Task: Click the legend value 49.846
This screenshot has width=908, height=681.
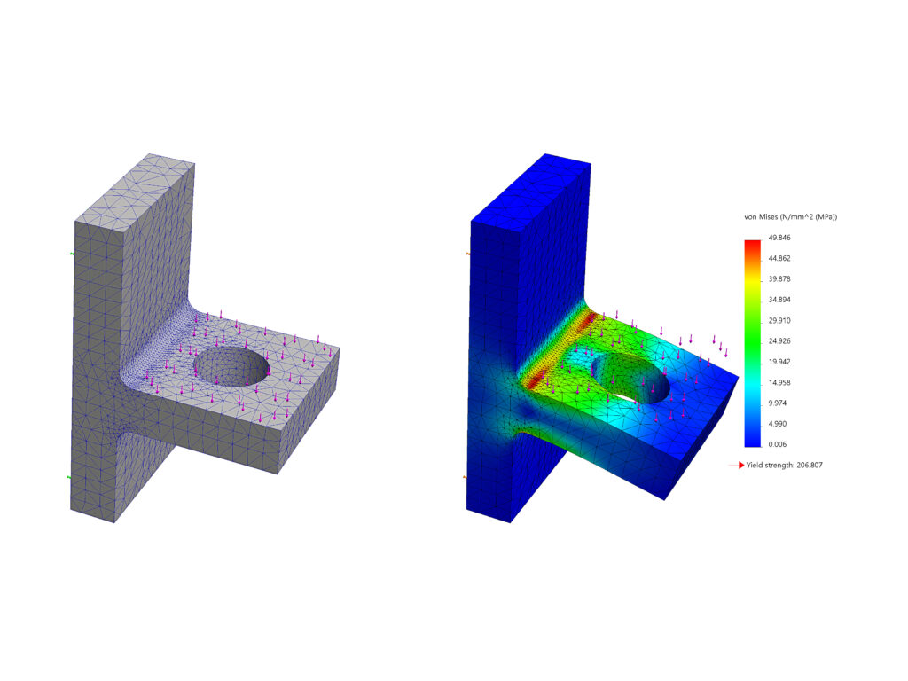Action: [x=781, y=238]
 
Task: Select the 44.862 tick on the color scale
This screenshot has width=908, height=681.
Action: [x=781, y=258]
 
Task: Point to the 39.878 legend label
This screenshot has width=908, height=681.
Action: [x=781, y=278]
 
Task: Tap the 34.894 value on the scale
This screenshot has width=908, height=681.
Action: [x=781, y=300]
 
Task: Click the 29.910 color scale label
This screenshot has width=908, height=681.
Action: [x=781, y=320]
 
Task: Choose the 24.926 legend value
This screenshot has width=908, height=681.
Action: [x=781, y=340]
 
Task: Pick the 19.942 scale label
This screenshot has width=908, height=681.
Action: [x=781, y=362]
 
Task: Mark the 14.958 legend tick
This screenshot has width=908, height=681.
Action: [x=781, y=382]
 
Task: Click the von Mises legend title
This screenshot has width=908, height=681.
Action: [x=790, y=217]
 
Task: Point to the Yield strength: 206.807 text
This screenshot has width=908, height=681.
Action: [x=792, y=465]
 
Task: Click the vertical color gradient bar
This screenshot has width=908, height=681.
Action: [x=752, y=341]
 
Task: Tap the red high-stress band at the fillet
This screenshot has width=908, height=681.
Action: [x=560, y=346]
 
